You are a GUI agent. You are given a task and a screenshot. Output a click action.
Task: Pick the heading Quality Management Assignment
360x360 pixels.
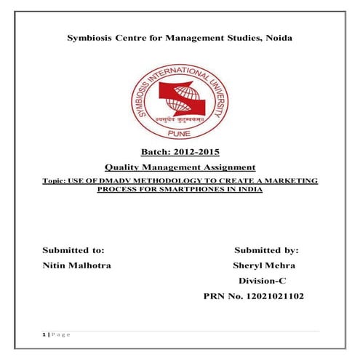(x=180, y=168)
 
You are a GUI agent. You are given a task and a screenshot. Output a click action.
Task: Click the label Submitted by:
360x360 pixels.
(x=267, y=249)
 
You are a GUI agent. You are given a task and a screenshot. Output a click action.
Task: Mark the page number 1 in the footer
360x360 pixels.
(x=44, y=334)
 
